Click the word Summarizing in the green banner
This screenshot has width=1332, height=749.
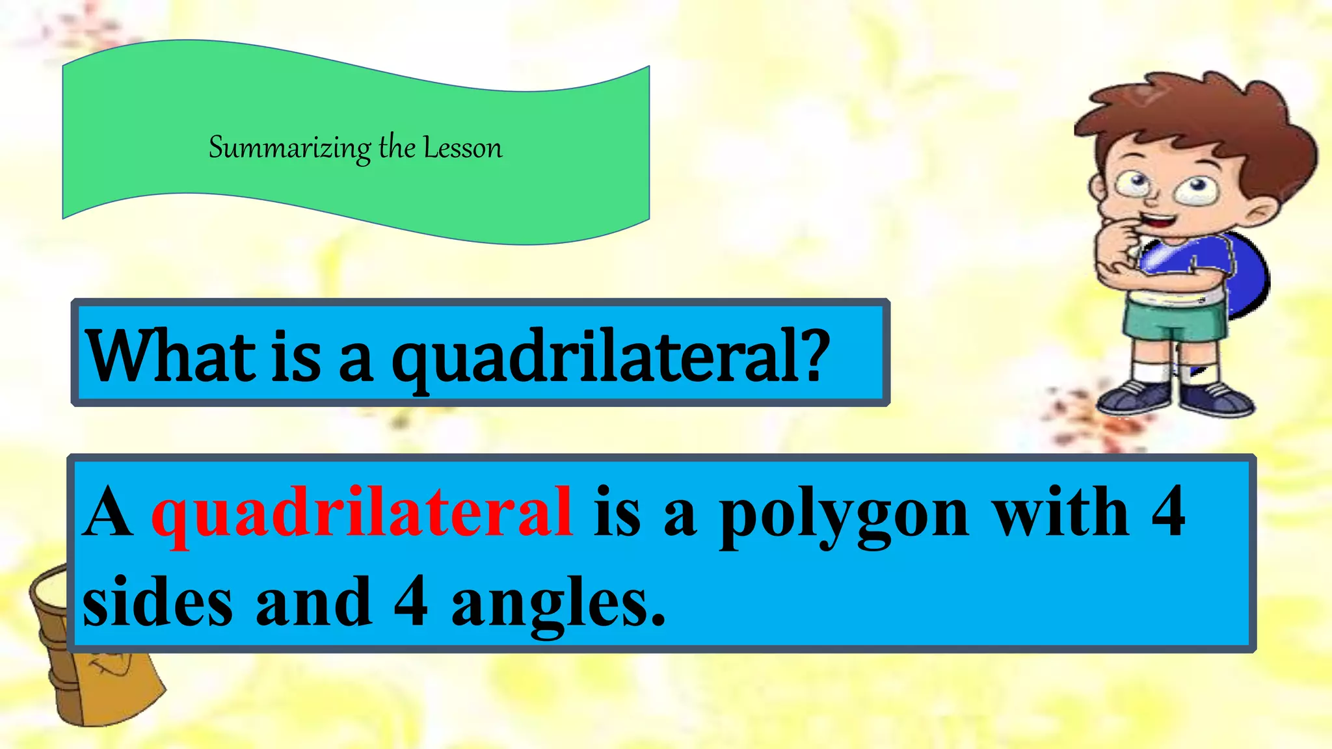289,148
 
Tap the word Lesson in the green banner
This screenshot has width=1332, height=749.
463,148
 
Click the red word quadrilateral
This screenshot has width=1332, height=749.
362,514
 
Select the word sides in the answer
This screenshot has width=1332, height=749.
157,601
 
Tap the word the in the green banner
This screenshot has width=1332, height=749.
397,147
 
